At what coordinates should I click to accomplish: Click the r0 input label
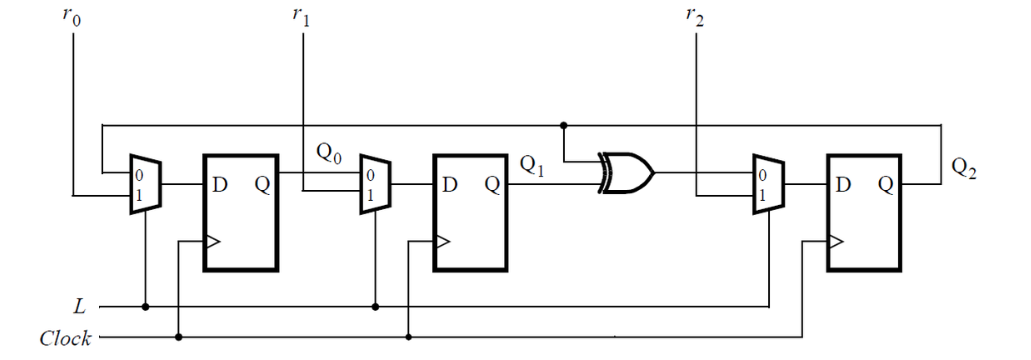71,19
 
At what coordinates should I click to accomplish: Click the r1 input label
300,19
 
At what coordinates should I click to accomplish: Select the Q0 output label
329,153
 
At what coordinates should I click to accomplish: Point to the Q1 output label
532,167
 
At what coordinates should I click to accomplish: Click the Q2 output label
963,167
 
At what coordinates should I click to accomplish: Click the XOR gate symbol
625,173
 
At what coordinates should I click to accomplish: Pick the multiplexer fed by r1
375,185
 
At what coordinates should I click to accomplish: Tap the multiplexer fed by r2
768,185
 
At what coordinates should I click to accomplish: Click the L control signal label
79,305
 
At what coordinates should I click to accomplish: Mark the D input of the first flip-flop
221,185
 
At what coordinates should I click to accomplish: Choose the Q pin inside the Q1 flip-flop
492,185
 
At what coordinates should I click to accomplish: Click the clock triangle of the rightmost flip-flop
835,241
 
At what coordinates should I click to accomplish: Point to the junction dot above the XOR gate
565,126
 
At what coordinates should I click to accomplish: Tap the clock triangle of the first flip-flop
212,241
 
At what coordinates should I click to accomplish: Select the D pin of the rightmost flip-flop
844,185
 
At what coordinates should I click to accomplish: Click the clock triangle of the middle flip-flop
441,241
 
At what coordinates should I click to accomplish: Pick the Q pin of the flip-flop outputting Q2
885,185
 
